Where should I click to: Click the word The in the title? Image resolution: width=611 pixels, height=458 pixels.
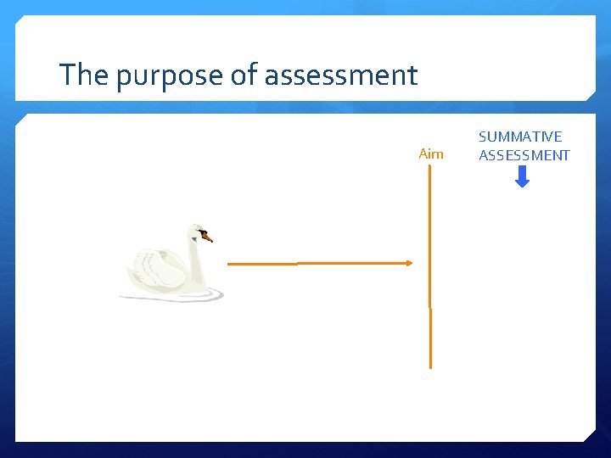coord(85,75)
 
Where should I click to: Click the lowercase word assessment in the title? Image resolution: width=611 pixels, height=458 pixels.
coord(341,76)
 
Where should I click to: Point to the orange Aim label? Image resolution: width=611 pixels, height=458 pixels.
coord(431,154)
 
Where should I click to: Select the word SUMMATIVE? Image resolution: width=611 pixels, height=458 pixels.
coord(520,137)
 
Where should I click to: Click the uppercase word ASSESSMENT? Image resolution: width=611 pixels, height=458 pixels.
coord(524,155)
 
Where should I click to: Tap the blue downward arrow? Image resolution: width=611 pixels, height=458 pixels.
coord(523,176)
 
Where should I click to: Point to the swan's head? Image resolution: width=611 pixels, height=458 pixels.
coord(198,232)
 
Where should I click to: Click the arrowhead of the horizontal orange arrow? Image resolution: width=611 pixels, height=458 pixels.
coord(409,263)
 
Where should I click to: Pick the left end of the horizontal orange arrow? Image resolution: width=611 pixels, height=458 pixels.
coord(230,265)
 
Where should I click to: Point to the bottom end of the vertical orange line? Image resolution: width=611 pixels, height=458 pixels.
coord(430,366)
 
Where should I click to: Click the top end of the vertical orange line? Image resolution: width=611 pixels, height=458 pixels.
coord(430,167)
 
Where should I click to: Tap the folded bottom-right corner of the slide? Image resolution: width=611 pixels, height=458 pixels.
coord(589,435)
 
